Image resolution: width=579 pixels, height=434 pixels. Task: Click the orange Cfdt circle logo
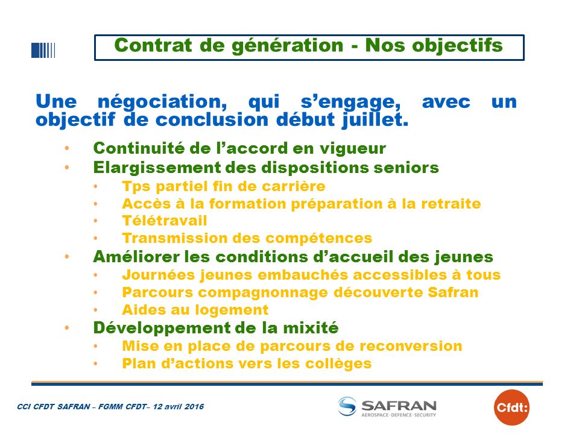[511, 407]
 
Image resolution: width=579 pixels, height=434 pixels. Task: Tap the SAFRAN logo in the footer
[387, 407]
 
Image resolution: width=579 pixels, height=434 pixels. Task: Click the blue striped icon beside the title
[43, 51]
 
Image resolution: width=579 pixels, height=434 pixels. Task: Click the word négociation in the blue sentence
[162, 102]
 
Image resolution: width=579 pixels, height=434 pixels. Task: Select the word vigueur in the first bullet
[353, 149]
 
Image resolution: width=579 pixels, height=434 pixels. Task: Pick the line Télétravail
[165, 221]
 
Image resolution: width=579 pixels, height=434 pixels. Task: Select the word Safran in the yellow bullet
[453, 292]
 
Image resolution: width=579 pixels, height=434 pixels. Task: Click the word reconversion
[411, 346]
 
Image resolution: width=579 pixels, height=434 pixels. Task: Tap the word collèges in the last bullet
[338, 364]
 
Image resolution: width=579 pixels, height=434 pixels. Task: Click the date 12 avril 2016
[179, 407]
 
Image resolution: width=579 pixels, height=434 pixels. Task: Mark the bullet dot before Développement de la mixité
[67, 328]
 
